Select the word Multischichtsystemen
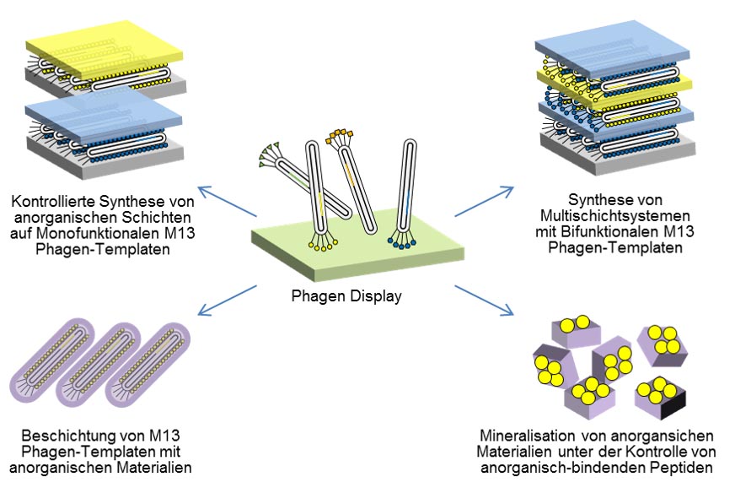pos(615,216)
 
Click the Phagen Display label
pos(346,296)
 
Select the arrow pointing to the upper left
pos(227,202)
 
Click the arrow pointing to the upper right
pos(484,202)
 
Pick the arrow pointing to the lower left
pos(227,300)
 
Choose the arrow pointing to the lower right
pos(484,300)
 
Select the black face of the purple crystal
pos(673,405)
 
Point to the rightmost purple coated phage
pos(148,365)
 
